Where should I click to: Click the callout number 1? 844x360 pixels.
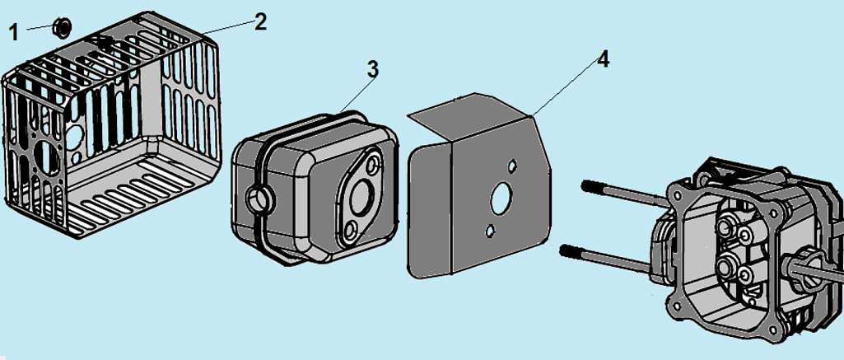13,32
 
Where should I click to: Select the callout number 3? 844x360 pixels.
372,69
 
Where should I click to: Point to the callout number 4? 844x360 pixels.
603,60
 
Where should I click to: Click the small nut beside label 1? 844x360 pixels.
61,27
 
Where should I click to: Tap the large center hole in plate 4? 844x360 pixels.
499,199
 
